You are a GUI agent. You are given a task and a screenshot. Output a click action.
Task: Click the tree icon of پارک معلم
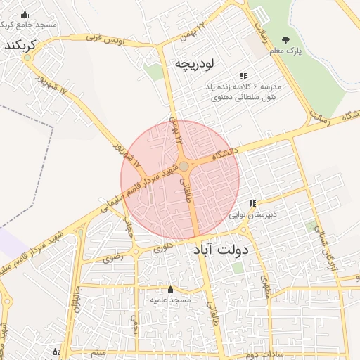[x=285, y=40]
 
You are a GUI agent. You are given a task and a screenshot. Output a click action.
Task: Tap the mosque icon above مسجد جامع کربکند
[x=26, y=15]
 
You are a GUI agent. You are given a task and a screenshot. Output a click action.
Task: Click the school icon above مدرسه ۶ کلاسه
[x=243, y=76]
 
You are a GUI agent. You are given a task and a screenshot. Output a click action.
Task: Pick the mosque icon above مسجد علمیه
[x=169, y=289]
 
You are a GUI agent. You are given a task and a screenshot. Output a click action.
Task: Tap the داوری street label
[x=161, y=247]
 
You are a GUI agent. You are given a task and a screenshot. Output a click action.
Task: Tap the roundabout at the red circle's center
[x=184, y=167]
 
